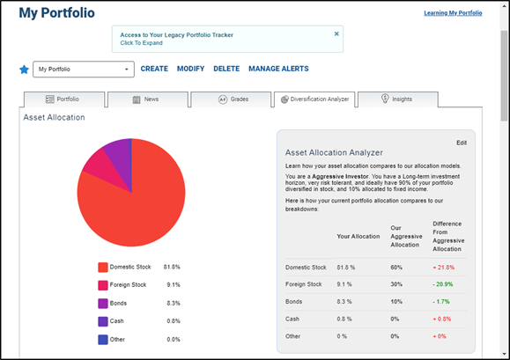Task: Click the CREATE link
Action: [154, 69]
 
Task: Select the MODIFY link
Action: [190, 69]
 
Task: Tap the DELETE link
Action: [226, 69]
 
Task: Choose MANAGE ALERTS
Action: [278, 69]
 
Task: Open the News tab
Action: [148, 99]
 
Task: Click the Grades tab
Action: [231, 99]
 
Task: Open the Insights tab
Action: [398, 99]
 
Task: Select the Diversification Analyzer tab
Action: [314, 99]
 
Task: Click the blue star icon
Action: [24, 70]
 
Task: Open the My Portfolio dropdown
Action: [84, 70]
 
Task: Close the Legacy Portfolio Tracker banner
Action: [336, 33]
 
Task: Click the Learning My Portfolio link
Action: [453, 13]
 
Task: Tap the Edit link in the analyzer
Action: [462, 143]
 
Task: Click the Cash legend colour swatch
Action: [103, 321]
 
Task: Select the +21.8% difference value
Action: [443, 268]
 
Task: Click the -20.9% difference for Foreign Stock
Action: [443, 284]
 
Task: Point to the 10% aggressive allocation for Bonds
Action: [396, 302]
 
